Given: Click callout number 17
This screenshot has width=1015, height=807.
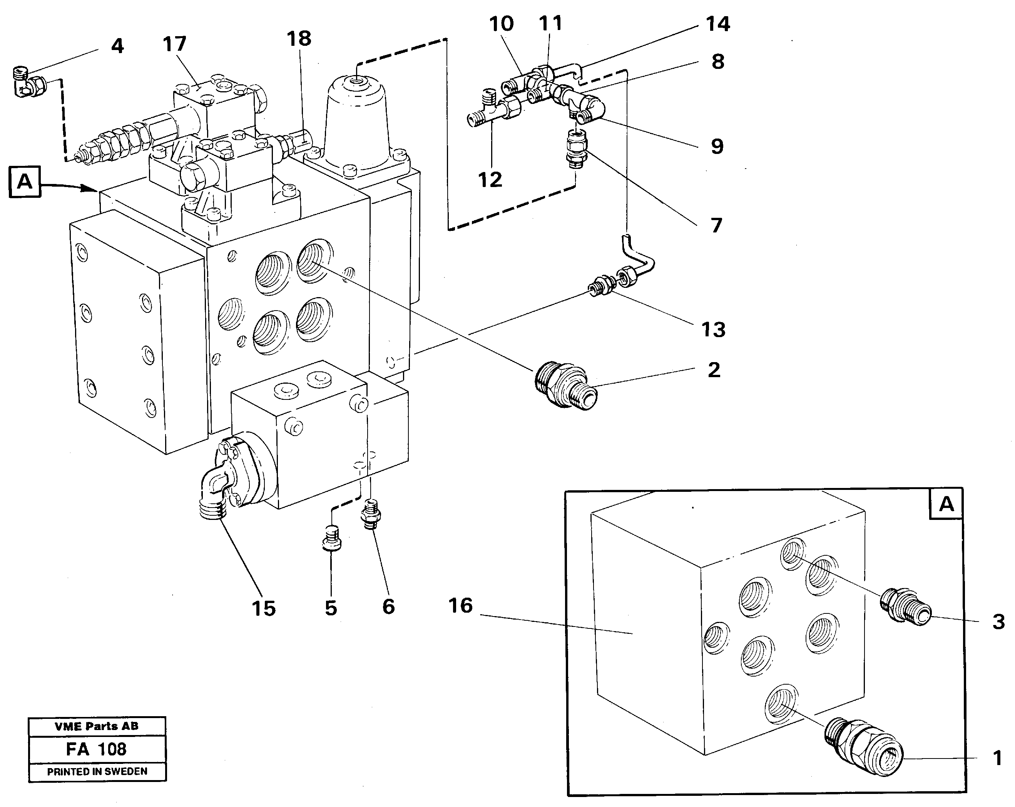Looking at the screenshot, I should pos(174,44).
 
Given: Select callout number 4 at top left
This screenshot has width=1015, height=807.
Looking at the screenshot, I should pos(117,46).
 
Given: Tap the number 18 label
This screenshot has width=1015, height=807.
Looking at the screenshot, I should pos(299,38).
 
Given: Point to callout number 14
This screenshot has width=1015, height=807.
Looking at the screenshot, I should pos(717,24).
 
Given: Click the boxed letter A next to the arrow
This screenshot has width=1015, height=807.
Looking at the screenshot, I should pos(25,182).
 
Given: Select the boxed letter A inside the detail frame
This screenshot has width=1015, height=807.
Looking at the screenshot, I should pos(946,504).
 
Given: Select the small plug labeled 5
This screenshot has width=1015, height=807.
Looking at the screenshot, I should pos(331,539).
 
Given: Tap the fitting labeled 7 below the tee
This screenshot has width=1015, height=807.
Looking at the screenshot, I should pos(575,150).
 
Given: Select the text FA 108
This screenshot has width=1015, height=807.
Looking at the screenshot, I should pos(97,749).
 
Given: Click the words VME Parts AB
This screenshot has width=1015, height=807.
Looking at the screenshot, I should pos(97,727).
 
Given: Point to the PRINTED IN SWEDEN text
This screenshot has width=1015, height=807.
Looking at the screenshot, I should pos(97,771).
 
